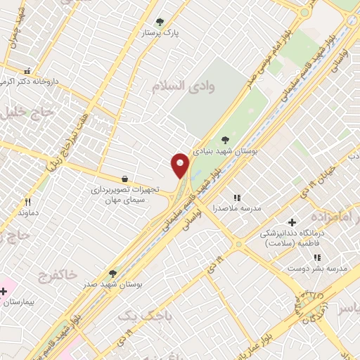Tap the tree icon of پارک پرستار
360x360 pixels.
(160, 22)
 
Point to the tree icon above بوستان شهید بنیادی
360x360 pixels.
(225, 140)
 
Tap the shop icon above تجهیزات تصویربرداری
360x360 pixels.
(125, 179)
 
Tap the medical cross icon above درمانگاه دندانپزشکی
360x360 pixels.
(291, 222)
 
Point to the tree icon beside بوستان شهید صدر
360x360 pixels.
(112, 273)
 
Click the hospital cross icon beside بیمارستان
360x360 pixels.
(4, 290)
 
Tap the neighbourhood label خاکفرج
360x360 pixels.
(53, 272)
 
